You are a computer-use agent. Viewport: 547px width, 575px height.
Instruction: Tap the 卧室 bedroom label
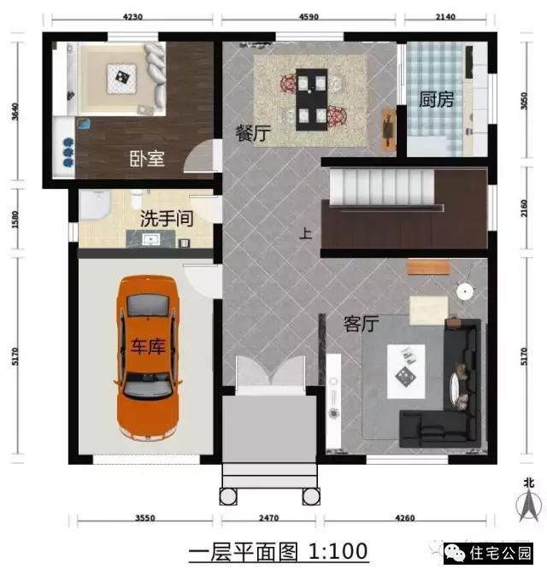tap(147, 159)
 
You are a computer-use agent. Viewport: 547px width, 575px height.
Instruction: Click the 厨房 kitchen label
tap(436, 100)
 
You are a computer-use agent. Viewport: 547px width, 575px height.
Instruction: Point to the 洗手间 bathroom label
tap(167, 219)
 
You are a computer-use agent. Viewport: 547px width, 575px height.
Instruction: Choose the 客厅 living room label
tap(361, 325)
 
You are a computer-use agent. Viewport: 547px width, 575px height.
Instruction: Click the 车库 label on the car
tap(147, 345)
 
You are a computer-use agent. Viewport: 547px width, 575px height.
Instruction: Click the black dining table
tap(312, 100)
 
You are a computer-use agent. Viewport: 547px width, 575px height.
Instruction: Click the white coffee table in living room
tap(407, 370)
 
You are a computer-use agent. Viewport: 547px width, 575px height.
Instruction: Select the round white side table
tap(464, 291)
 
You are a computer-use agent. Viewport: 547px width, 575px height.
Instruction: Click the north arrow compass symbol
tap(530, 500)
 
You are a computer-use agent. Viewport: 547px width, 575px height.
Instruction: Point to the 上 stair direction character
tap(305, 232)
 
